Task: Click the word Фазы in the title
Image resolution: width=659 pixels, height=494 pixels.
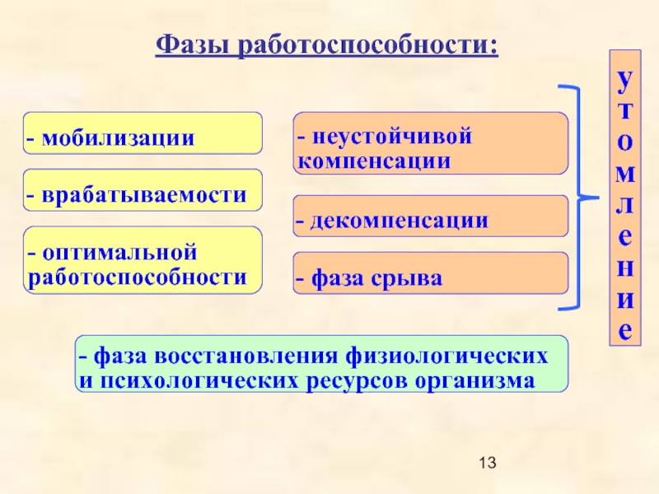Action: coord(192,44)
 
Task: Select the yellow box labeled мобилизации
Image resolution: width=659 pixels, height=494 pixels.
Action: coord(143,133)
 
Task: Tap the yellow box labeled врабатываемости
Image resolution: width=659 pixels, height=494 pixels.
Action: coord(143,190)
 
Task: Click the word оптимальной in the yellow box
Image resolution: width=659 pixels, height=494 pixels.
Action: coord(119,253)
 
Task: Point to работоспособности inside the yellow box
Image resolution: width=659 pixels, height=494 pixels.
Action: coord(137,277)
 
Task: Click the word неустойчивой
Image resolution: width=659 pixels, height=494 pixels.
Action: coord(392,136)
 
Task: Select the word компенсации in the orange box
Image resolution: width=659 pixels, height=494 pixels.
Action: coord(374,161)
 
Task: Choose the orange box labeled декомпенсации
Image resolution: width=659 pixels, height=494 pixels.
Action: coord(430,216)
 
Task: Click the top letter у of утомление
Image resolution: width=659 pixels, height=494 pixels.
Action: coord(625,81)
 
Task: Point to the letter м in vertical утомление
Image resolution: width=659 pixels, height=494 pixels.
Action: coord(625,174)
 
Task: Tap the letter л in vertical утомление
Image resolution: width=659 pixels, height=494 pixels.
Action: coord(625,205)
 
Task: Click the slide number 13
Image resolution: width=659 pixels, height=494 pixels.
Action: coord(488,463)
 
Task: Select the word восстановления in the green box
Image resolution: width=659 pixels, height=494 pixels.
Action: coord(245,356)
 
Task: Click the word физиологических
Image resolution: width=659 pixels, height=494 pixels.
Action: coord(446,357)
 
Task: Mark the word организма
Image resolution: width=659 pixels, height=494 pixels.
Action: coord(475,381)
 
